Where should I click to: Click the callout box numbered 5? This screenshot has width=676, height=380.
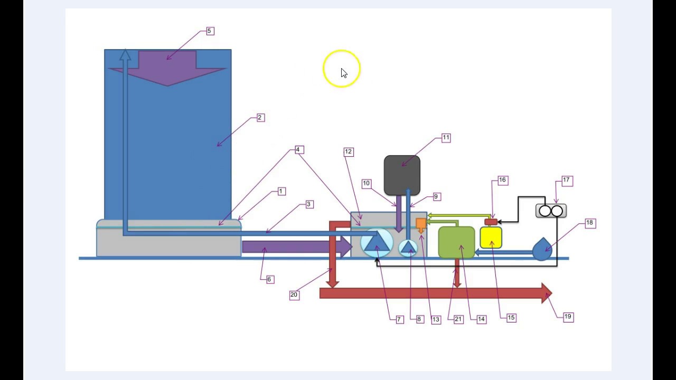[209, 31]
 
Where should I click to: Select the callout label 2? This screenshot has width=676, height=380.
[260, 118]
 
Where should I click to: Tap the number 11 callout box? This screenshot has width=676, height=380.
[446, 138]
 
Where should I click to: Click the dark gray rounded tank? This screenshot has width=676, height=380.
[402, 175]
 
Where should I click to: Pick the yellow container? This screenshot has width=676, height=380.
[491, 238]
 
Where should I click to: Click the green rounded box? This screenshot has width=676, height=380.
[456, 243]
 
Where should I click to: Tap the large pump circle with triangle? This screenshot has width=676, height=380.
[377, 242]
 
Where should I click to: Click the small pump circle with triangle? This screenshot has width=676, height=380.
[408, 247]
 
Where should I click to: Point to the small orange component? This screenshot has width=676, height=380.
[421, 224]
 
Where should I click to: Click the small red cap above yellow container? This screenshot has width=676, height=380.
[491, 222]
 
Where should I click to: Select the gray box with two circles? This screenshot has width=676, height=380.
[551, 211]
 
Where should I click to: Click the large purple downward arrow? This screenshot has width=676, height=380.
[167, 69]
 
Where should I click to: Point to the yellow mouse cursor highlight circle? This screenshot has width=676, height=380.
[342, 69]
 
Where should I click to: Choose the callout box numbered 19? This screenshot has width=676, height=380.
[568, 317]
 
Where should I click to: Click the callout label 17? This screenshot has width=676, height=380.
[567, 181]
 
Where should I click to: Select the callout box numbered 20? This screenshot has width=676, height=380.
[294, 296]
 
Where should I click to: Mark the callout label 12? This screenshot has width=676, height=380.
[348, 152]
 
